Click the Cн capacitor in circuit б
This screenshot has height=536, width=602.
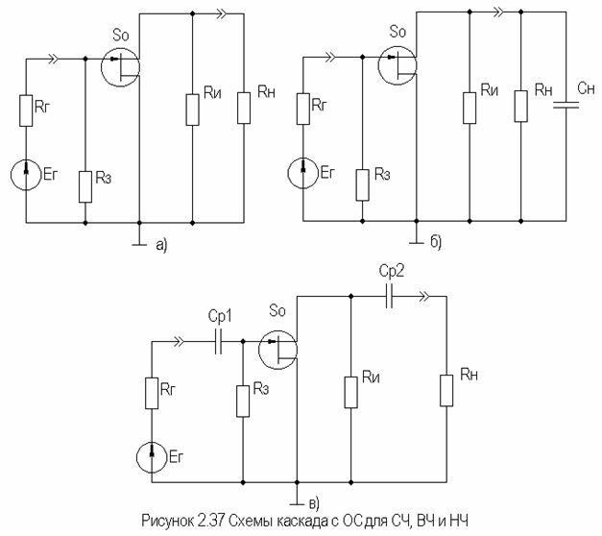(566, 105)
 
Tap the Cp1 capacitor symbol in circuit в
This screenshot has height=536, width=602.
(219, 342)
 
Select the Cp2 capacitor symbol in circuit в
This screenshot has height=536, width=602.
(389, 296)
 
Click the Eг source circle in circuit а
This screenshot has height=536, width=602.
(26, 175)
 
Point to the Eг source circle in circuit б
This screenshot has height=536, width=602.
(302, 173)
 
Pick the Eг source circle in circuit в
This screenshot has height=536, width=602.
(152, 457)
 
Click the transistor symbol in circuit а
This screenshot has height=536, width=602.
(120, 67)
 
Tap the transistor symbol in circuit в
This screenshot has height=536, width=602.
(277, 350)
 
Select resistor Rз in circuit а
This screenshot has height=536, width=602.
(85, 186)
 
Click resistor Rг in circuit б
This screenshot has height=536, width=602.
(302, 109)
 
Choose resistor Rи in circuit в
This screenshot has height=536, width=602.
(350, 392)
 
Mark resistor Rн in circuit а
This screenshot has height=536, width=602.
(244, 108)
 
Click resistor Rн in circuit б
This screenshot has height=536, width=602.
(521, 107)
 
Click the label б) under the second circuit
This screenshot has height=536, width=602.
(436, 242)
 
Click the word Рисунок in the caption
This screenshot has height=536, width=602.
(168, 522)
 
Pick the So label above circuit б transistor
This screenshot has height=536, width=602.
(397, 32)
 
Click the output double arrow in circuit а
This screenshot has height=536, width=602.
(222, 13)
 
